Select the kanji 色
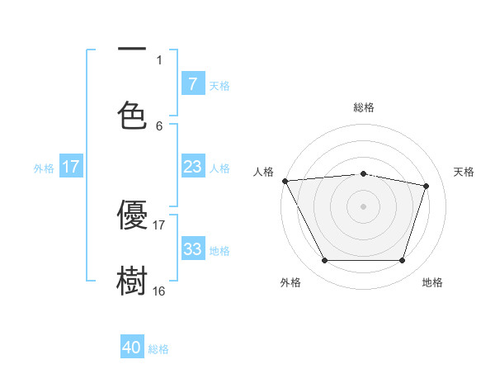(x=132, y=116)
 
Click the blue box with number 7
(x=192, y=83)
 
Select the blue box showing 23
(x=192, y=167)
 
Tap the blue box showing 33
(x=192, y=249)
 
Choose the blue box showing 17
(x=71, y=167)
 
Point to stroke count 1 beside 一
(x=159, y=59)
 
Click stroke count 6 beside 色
(x=159, y=125)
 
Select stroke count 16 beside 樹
(x=159, y=291)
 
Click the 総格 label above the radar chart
(x=364, y=107)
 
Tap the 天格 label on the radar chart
(x=464, y=172)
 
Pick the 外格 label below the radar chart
(x=290, y=282)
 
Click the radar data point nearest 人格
(x=285, y=181)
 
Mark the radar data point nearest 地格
(x=402, y=261)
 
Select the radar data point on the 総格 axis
(x=364, y=173)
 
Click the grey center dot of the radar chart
(x=364, y=206)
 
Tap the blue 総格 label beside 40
(x=158, y=349)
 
